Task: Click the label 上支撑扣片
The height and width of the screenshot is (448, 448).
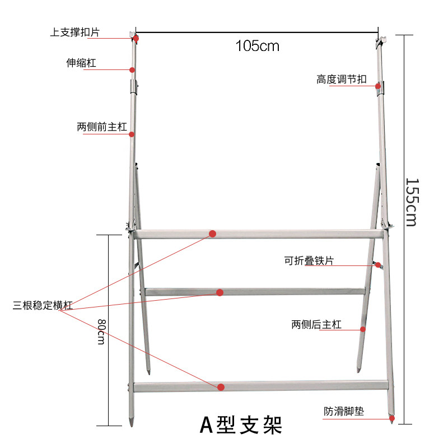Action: tap(74, 32)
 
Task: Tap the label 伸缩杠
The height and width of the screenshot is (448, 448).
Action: tap(81, 63)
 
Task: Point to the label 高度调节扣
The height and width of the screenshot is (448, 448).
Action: tap(342, 80)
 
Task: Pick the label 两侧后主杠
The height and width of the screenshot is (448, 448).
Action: tap(316, 325)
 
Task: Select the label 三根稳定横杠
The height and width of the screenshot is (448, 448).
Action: tap(43, 306)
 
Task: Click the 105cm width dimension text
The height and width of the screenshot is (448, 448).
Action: tap(257, 46)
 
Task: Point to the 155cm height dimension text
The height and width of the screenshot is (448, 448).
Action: tap(411, 202)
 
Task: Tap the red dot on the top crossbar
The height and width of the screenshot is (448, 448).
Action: tap(213, 234)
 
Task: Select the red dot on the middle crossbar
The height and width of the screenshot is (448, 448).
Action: tap(220, 292)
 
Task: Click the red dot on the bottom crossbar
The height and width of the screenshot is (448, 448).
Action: tap(221, 387)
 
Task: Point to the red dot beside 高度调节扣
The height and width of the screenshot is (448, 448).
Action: tap(379, 86)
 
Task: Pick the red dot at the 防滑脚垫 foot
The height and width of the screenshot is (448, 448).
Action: tap(392, 418)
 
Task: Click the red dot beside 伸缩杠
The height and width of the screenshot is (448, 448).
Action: tap(132, 70)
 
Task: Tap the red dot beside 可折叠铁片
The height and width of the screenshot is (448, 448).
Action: tap(379, 265)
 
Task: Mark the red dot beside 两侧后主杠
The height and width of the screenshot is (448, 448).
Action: tap(363, 329)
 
